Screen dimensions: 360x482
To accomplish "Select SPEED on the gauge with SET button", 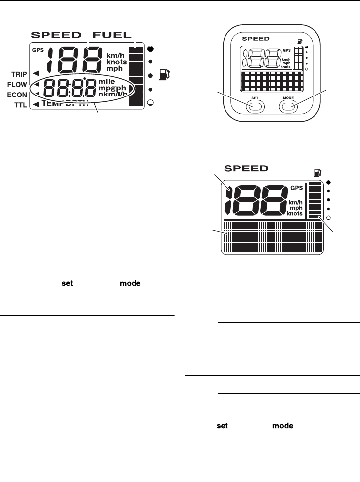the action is point(256,38).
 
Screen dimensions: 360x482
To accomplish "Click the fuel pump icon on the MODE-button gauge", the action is point(297,42).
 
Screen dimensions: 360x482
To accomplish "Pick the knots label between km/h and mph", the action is point(117,63).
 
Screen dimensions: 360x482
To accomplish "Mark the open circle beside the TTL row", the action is point(150,103).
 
